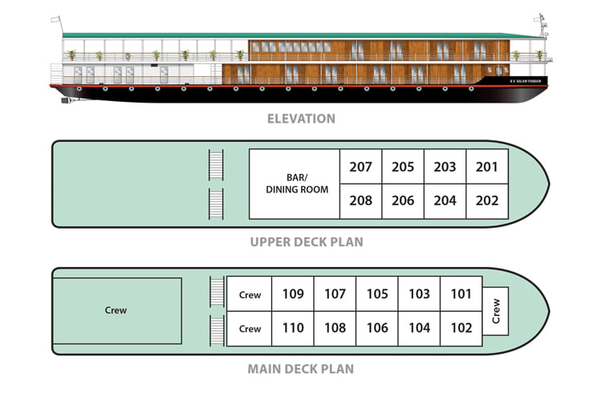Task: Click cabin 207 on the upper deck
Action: point(361,167)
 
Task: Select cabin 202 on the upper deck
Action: point(487,201)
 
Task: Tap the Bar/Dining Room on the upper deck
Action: point(294,184)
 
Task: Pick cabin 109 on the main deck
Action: point(293,294)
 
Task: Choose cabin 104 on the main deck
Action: point(419,328)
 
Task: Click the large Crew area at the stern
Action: point(116,310)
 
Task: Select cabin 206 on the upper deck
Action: point(403,201)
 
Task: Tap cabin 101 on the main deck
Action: point(461,294)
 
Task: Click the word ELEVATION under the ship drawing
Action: point(302,119)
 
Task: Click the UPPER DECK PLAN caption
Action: point(306,241)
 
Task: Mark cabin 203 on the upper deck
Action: point(445,167)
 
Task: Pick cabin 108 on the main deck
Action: point(335,328)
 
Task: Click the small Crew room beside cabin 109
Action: point(250,295)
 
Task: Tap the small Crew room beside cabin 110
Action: point(250,329)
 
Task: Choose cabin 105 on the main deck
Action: point(377,294)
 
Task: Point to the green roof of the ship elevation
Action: point(297,36)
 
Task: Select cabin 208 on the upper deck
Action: point(361,201)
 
